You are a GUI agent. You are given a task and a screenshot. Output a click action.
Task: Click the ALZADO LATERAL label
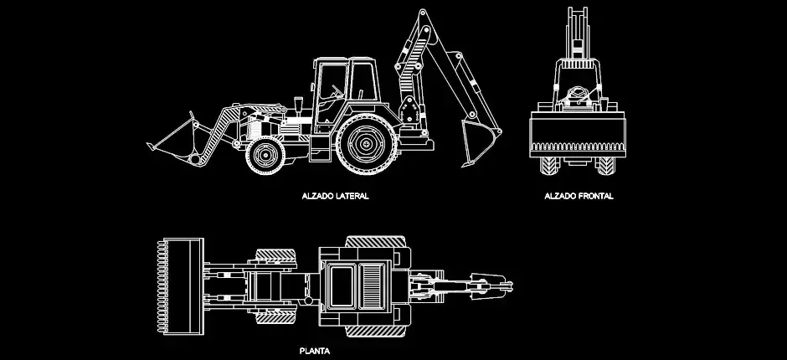335,196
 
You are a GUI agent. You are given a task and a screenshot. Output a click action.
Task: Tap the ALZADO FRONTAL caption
579,196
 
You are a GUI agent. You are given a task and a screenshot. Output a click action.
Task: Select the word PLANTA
315,351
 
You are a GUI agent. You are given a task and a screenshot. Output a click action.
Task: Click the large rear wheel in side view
367,144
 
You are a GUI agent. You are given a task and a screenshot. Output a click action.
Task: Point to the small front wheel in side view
265,155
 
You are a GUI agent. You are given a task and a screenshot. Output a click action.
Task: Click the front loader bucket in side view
173,141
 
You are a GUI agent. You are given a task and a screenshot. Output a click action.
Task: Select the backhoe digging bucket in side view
480,141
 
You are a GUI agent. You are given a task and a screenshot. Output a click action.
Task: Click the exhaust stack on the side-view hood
299,106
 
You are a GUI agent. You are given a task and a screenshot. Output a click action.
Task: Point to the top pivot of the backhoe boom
422,12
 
